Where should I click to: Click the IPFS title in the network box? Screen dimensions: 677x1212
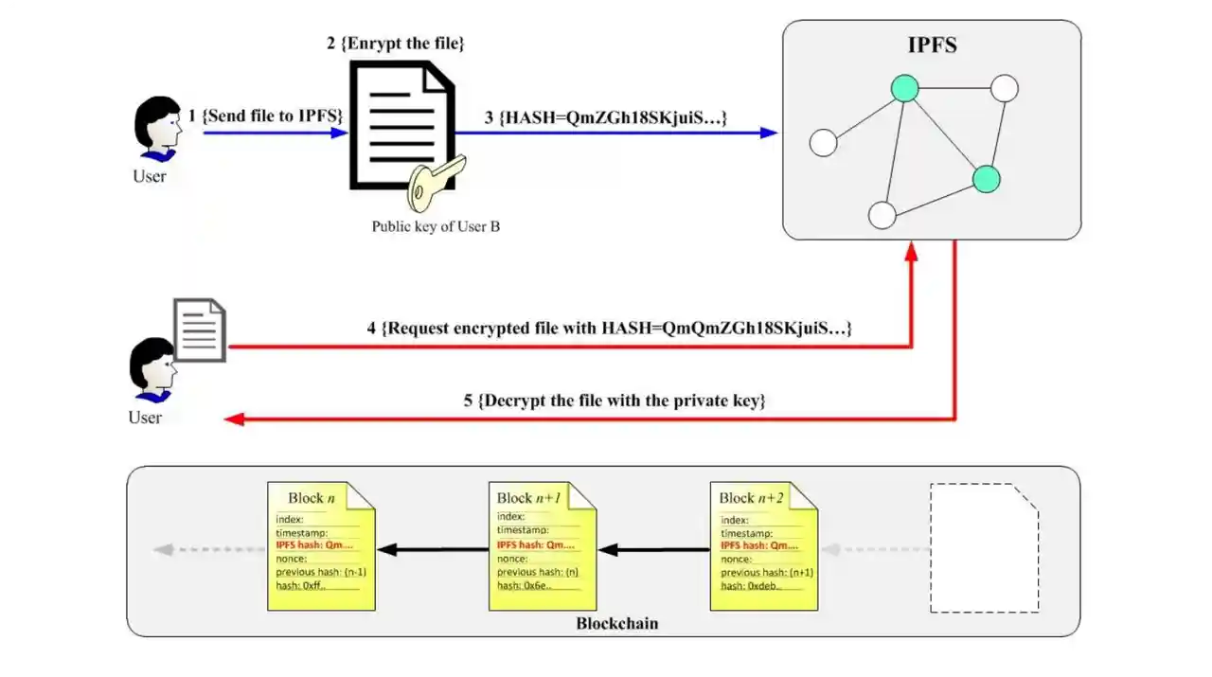point(932,45)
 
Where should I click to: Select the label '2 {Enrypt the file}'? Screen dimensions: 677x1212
point(396,44)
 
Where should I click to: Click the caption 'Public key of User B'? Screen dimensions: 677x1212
point(436,226)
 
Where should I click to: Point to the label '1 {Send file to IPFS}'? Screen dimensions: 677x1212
point(266,116)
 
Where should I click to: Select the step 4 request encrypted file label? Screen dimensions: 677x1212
point(610,329)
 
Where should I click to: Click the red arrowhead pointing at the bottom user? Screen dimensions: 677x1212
point(234,419)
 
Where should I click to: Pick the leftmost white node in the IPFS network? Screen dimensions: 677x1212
point(824,143)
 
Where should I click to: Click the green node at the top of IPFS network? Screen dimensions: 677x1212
point(905,88)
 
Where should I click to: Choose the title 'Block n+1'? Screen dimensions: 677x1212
point(528,498)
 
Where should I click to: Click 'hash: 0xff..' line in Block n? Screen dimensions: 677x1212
point(301,586)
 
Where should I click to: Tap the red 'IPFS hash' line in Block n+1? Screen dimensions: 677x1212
point(535,545)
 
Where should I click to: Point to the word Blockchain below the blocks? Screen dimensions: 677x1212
point(616,624)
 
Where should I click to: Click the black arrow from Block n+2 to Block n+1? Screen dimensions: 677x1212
point(654,549)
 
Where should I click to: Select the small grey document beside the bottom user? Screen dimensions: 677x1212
point(200,330)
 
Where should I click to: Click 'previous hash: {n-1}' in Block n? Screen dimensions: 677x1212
point(321,573)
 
